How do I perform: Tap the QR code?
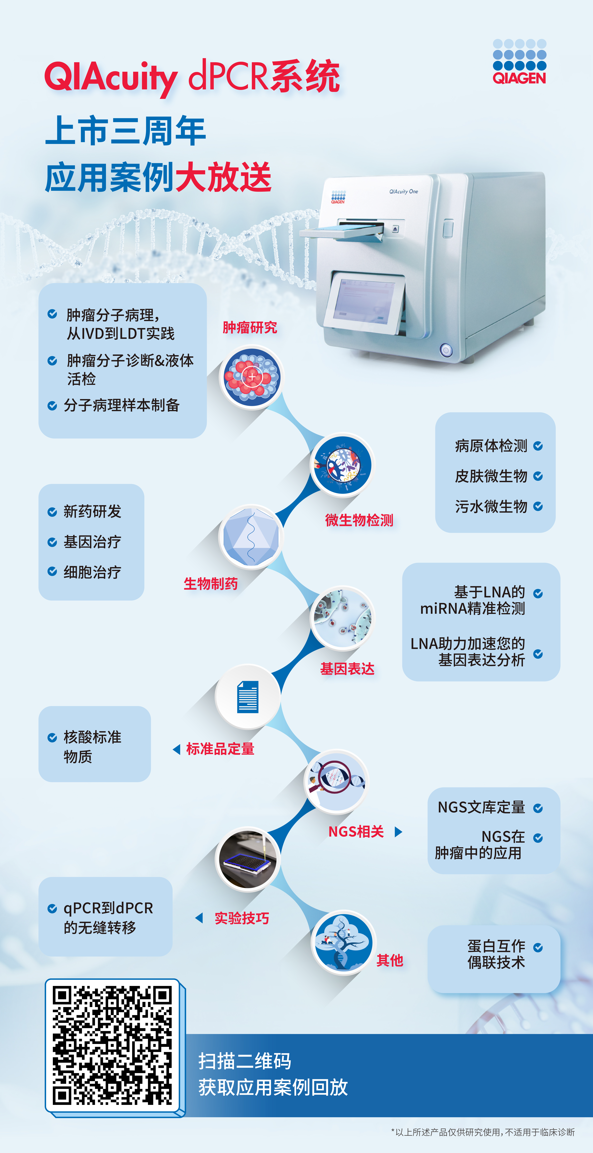[x=112, y=1046]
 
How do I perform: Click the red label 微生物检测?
[x=359, y=520]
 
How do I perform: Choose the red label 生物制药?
[x=211, y=584]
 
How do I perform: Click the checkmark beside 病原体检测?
[x=538, y=446]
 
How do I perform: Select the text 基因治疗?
[x=92, y=542]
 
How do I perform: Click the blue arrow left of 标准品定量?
[x=177, y=749]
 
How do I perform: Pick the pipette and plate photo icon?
[x=248, y=858]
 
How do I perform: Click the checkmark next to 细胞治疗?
[x=52, y=572]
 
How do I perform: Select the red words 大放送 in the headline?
[x=223, y=177]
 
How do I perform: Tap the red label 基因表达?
[x=347, y=669]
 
